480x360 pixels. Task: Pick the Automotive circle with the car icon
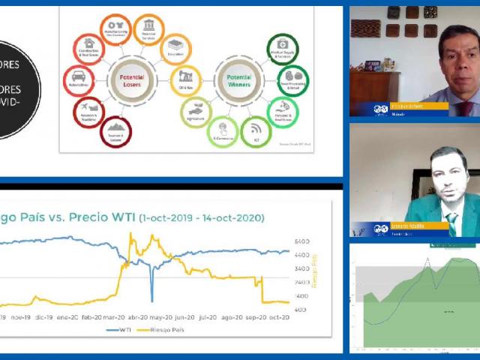[79, 79]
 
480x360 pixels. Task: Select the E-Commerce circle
[222, 131]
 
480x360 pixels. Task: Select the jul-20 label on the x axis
[208, 317]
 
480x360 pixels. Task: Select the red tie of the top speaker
[465, 107]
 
